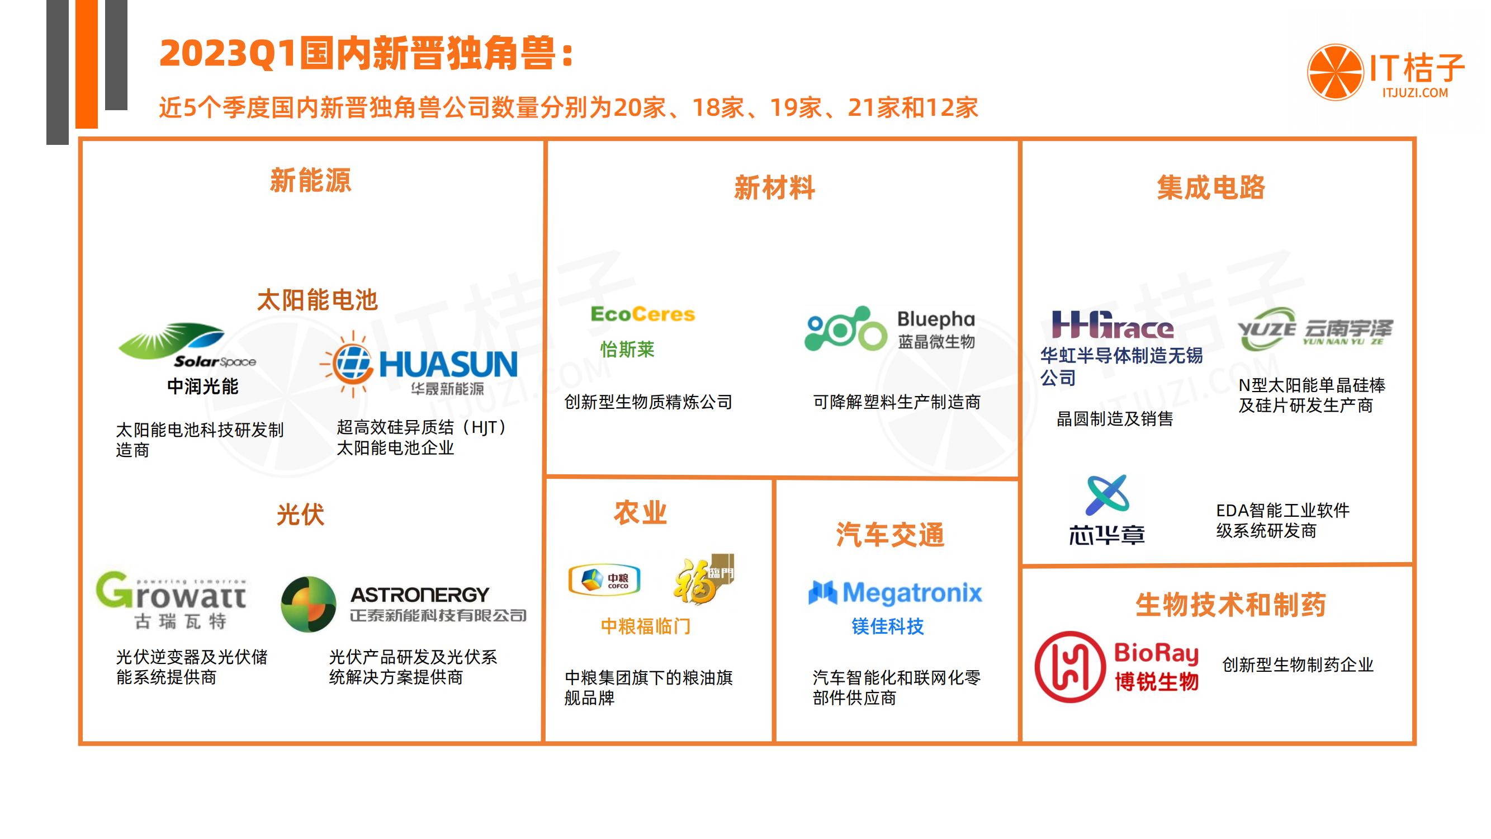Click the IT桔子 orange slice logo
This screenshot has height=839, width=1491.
tap(1334, 72)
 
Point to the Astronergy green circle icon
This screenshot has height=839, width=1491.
tap(309, 604)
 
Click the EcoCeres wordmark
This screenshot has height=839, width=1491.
tap(642, 314)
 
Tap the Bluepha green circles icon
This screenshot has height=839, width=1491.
tap(845, 329)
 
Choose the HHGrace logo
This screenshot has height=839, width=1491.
tap(1113, 326)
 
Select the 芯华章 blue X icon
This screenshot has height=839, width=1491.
tap(1107, 495)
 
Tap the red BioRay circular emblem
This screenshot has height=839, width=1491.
tap(1069, 667)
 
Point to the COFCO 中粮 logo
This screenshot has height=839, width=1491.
tap(604, 579)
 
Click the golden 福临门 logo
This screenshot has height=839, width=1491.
tap(703, 579)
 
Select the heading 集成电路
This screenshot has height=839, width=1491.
tap(1211, 187)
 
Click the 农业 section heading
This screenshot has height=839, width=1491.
tap(640, 513)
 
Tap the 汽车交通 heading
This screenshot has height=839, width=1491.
tap(889, 534)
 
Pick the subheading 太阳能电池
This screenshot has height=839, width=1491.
tap(317, 300)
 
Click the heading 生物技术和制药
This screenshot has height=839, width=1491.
tap(1230, 605)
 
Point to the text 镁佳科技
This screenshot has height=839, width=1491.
tap(887, 626)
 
